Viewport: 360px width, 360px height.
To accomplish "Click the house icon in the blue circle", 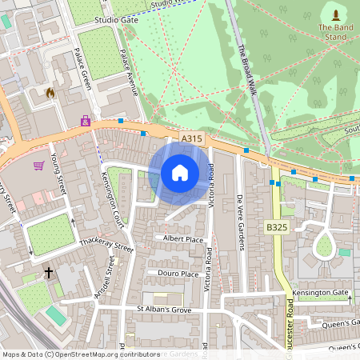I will tap(179, 173).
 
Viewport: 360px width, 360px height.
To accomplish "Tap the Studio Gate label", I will tap(116, 19).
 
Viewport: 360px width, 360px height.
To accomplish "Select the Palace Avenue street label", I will tap(128, 73).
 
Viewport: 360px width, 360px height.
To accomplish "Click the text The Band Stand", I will tap(334, 31).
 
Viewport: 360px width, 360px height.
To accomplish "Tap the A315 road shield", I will tap(192, 138).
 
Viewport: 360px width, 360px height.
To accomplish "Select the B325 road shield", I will tap(277, 228).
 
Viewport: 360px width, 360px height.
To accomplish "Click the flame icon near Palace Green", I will tap(50, 93).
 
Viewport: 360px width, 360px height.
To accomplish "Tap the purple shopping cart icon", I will tap(38, 166).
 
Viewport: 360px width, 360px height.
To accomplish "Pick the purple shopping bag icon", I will tap(85, 121).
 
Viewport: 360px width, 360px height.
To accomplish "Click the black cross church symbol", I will tap(48, 273).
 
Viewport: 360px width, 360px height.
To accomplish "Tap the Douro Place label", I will tap(178, 274).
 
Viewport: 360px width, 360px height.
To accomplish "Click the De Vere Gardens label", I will tap(239, 220).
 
